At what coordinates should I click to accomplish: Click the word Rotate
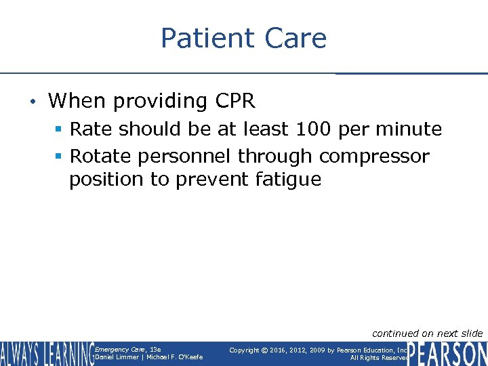101,156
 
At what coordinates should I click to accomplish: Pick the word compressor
374,157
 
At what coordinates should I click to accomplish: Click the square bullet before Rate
60,129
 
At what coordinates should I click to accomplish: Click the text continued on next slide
427,333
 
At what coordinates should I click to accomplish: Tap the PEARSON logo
447,354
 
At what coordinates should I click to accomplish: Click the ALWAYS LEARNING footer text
47,354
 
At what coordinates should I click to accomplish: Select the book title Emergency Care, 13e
127,350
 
